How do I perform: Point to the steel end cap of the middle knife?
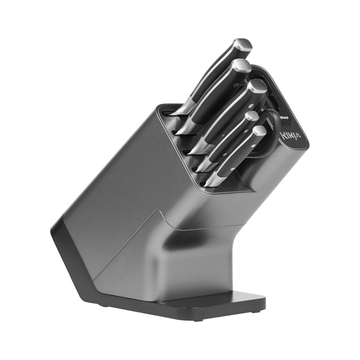pyautogui.click(x=257, y=85)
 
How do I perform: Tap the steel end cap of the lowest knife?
pyautogui.click(x=259, y=130)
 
